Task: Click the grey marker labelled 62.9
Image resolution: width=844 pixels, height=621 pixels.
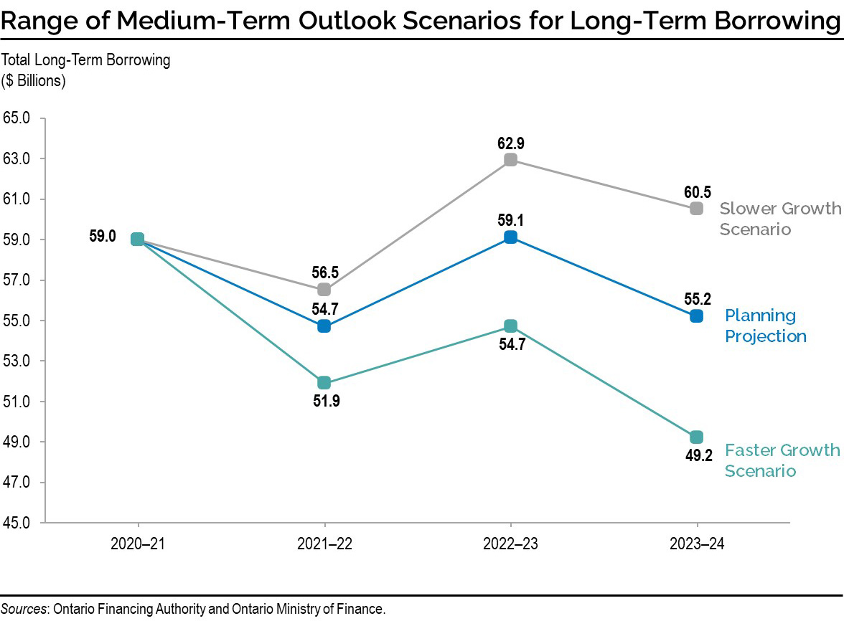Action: (510, 160)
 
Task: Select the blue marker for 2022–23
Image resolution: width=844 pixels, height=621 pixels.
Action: (510, 237)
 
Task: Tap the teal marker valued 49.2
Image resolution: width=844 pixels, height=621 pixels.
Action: (696, 437)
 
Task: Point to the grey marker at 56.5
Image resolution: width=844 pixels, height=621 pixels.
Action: (324, 290)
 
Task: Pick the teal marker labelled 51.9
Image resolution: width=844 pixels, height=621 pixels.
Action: (324, 383)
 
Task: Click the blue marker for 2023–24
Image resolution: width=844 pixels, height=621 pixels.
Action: (696, 316)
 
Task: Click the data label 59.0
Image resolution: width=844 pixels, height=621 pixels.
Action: (102, 236)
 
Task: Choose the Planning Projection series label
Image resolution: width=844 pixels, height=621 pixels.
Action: (765, 326)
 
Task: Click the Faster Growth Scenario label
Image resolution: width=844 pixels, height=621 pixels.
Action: (781, 460)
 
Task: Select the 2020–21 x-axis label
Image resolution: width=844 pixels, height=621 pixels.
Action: (138, 545)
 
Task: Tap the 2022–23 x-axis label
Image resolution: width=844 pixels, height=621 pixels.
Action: (510, 545)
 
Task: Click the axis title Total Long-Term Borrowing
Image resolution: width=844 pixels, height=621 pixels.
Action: (87, 60)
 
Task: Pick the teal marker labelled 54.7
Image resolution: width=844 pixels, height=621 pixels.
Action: (510, 326)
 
